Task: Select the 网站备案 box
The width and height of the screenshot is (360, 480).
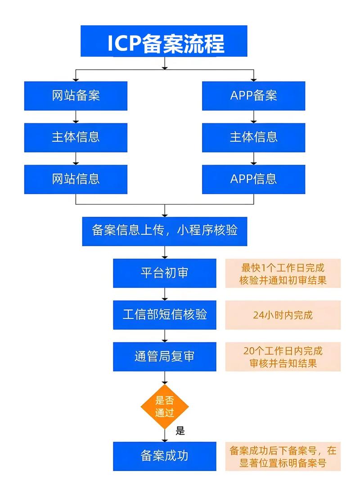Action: (x=76, y=96)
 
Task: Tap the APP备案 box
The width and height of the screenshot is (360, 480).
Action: (x=254, y=96)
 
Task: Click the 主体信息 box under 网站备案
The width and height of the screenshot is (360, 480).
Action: (x=76, y=137)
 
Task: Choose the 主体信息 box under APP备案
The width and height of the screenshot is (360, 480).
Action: (x=254, y=137)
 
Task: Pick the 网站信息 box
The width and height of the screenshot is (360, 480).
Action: (x=76, y=179)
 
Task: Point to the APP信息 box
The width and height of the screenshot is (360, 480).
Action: (x=254, y=179)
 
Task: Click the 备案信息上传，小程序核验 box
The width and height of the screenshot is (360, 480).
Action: (x=165, y=231)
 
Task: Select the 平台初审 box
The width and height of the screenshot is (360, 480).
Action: (x=165, y=273)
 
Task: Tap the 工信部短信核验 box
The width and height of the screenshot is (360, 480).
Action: (x=165, y=314)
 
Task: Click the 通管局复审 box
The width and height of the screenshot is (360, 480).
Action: (x=165, y=357)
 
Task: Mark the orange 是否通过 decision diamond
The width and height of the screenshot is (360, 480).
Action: (x=165, y=406)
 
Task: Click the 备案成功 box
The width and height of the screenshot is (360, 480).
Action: (x=165, y=456)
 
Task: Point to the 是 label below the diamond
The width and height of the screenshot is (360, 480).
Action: (x=180, y=431)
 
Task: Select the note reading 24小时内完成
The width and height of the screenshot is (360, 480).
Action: (x=283, y=315)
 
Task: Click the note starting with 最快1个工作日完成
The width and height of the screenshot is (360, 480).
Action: (x=283, y=274)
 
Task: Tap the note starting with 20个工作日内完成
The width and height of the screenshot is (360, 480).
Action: (x=283, y=357)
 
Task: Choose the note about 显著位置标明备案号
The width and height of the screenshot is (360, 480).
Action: (x=283, y=456)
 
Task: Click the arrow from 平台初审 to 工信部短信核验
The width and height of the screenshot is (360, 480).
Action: (x=165, y=294)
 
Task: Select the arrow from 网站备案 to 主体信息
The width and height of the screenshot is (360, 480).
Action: (x=76, y=117)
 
